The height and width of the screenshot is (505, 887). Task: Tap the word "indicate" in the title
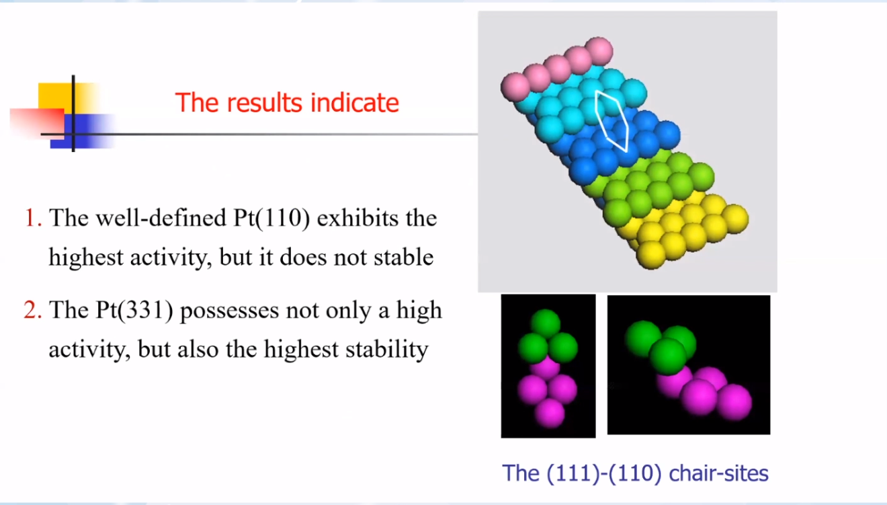(x=355, y=103)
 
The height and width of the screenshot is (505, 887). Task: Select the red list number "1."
(x=33, y=218)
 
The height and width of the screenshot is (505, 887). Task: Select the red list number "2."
(x=32, y=310)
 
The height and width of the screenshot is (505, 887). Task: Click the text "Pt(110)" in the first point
(x=271, y=219)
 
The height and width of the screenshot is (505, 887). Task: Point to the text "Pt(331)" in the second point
(x=134, y=311)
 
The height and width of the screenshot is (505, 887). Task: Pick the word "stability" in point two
(x=387, y=350)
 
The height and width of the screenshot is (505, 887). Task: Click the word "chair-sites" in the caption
(x=718, y=473)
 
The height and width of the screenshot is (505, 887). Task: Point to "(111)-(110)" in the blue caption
(x=604, y=473)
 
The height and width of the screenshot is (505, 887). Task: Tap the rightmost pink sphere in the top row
(x=599, y=51)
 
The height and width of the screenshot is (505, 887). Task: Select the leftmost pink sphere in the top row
(x=515, y=87)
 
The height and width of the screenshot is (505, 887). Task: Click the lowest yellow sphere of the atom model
(x=651, y=256)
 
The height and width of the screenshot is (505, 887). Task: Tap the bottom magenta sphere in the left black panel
(x=550, y=414)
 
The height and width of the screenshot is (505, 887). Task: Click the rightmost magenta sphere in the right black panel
(x=734, y=401)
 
